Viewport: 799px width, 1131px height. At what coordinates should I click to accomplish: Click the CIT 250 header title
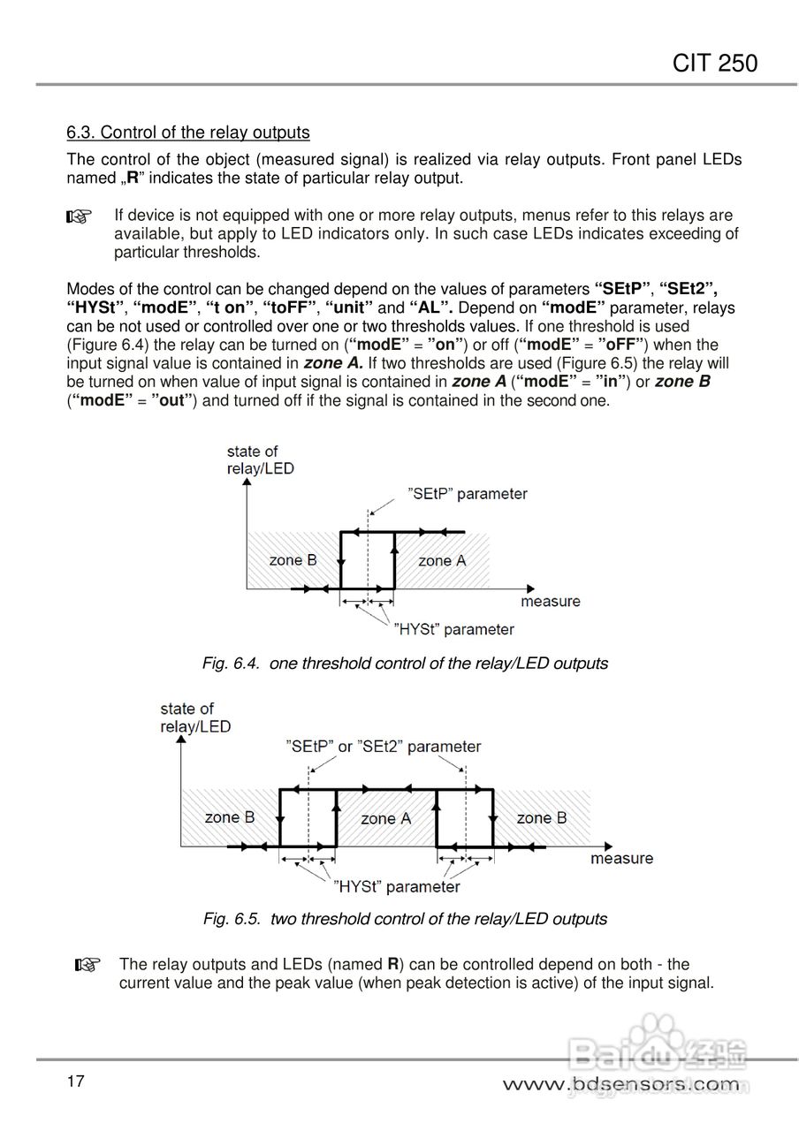[715, 64]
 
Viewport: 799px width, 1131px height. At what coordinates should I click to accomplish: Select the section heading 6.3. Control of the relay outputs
[188, 133]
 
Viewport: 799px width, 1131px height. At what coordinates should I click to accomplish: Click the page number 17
[75, 1081]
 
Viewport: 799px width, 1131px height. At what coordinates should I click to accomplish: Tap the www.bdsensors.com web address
[620, 1084]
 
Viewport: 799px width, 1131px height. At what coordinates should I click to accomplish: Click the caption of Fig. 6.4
[405, 663]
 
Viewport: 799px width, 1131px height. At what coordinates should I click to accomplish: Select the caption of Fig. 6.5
[405, 919]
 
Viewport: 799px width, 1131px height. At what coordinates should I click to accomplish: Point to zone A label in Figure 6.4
[441, 560]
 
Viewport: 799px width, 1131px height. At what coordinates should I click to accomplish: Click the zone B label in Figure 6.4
[293, 560]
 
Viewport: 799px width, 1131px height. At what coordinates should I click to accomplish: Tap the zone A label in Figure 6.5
[386, 818]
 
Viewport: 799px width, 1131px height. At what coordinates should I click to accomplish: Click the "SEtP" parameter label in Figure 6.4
[468, 493]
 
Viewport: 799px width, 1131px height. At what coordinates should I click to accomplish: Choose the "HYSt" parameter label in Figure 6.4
[453, 629]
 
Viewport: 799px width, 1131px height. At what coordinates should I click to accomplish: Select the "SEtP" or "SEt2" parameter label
[384, 747]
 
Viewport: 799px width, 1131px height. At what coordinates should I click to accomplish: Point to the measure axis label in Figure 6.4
[551, 602]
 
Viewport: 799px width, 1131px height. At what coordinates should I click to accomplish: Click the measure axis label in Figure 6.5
[622, 858]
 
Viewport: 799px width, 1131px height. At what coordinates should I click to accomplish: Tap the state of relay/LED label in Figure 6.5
[195, 717]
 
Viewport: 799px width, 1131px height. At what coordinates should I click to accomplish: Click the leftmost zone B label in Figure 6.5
[230, 817]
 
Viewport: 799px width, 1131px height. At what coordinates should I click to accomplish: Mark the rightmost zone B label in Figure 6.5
[542, 818]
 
